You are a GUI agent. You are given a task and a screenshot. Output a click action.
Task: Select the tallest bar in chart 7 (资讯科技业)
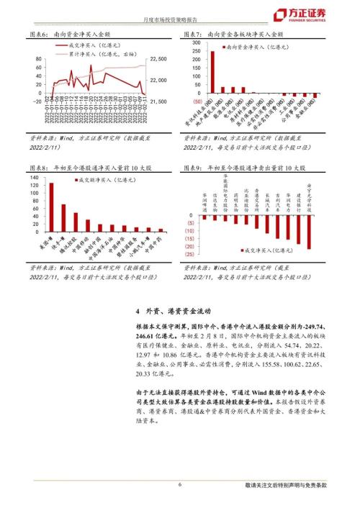[212, 72]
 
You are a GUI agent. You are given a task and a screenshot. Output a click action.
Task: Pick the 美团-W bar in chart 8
[51, 209]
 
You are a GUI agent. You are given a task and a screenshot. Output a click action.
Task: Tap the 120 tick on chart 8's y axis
[33, 186]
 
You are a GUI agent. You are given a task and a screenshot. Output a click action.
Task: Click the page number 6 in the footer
[179, 486]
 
